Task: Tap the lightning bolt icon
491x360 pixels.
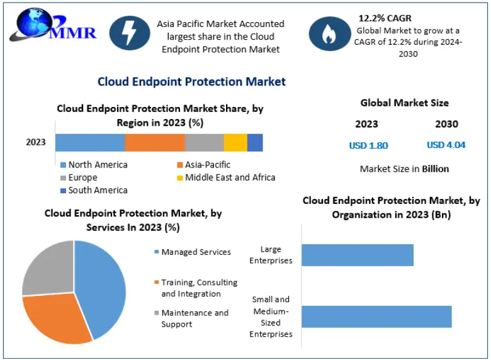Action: [130, 33]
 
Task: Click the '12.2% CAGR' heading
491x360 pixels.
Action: [385, 18]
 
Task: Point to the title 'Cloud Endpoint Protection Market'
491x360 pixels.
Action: [191, 82]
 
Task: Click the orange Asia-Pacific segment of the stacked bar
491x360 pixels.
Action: [154, 142]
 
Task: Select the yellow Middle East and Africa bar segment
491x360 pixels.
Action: [235, 142]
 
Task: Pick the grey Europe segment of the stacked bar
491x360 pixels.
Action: [204, 142]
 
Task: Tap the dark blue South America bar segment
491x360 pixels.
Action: [255, 142]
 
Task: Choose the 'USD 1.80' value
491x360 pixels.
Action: [368, 145]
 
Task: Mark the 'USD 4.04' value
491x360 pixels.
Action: [446, 145]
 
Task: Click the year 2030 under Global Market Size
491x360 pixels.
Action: [446, 124]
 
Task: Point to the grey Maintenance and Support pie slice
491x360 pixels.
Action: [47, 267]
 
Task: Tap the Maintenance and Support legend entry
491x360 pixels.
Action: [194, 318]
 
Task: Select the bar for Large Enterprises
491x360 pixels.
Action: [357, 255]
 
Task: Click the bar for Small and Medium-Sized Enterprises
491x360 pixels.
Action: [376, 317]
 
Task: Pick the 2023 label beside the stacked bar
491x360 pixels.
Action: [36, 142]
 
